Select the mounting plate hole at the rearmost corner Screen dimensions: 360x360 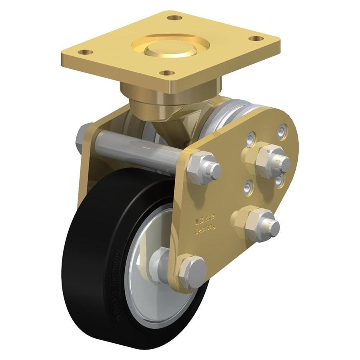point(172,18)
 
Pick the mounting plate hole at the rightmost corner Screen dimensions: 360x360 point(256,38)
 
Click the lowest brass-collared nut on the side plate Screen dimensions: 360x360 point(258,223)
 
